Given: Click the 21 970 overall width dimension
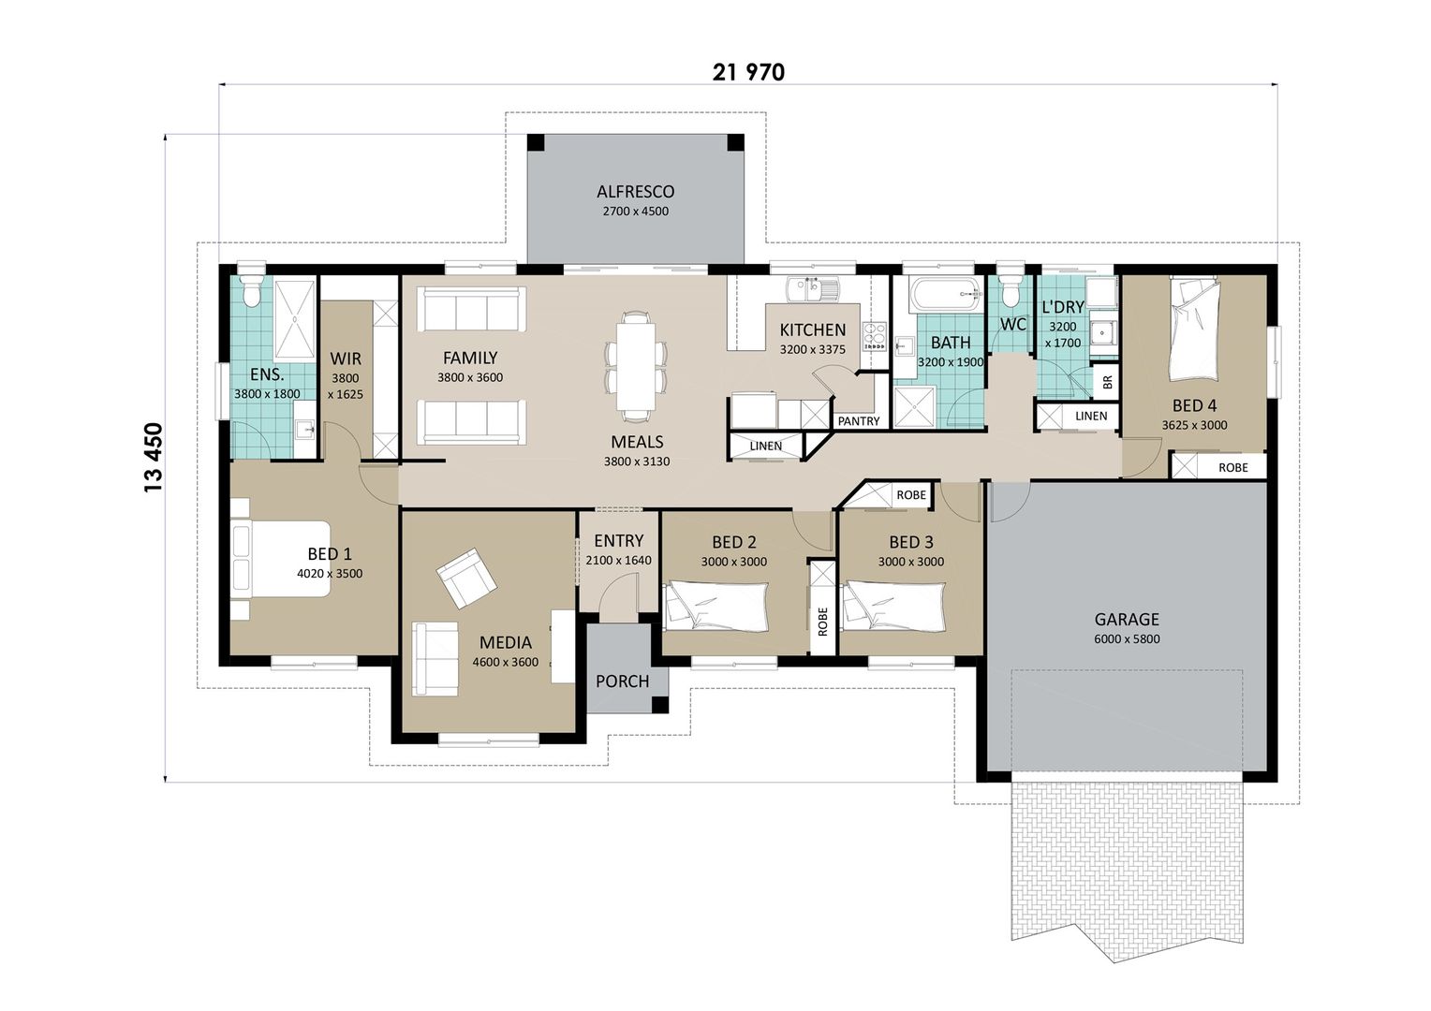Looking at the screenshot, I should [747, 72].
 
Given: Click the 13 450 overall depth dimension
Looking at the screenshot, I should [153, 457].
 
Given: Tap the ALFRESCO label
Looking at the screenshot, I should [635, 192].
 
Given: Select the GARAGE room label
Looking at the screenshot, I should [1127, 619].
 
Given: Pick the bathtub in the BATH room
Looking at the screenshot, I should [944, 295].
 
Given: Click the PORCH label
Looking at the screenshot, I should [622, 681].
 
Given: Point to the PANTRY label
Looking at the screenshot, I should [858, 421].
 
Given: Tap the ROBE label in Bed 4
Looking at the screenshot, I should [1232, 467].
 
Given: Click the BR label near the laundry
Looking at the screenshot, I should [1107, 382].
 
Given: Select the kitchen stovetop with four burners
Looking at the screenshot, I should [874, 336].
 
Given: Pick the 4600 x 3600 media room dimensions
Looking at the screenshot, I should [505, 662].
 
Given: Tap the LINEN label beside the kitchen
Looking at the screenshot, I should [765, 446].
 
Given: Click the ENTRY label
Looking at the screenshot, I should [618, 541].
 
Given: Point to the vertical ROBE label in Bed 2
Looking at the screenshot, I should [822, 622].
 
